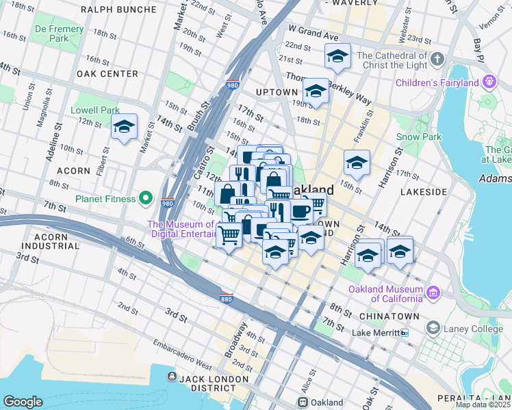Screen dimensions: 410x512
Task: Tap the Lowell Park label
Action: pyautogui.click(x=95, y=110)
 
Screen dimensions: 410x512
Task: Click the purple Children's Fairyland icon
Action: pyautogui.click(x=489, y=83)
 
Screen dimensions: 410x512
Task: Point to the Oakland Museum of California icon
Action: pyautogui.click(x=433, y=294)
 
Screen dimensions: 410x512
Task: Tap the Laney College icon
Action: pyautogui.click(x=433, y=329)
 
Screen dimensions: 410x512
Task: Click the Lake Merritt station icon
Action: pyautogui.click(x=405, y=333)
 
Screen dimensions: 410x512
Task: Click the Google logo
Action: pyautogui.click(x=23, y=402)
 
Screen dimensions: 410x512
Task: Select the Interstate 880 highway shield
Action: pyautogui.click(x=226, y=299)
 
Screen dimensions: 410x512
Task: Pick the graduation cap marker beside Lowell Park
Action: pyautogui.click(x=124, y=127)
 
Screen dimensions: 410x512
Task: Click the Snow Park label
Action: pyautogui.click(x=418, y=137)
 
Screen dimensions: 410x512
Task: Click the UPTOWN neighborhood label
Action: pyautogui.click(x=277, y=92)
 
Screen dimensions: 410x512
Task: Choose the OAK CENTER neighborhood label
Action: pyautogui.click(x=108, y=74)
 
